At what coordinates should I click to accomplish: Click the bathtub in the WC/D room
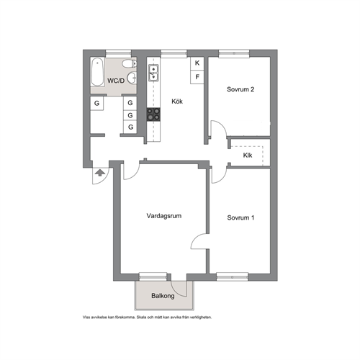tap(97, 72)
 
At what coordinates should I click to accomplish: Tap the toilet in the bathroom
tap(130, 64)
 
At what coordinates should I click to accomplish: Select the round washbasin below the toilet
tap(132, 78)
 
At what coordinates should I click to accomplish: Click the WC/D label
tap(116, 81)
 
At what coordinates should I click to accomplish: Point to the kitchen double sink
tap(153, 73)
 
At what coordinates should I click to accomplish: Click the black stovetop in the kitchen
tap(153, 114)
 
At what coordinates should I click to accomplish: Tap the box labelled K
tap(197, 63)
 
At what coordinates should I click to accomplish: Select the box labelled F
tap(197, 77)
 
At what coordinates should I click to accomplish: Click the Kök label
tap(177, 102)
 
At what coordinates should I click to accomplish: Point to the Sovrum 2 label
tap(240, 89)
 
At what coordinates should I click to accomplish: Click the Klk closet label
tap(248, 156)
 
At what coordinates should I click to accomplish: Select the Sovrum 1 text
tap(240, 217)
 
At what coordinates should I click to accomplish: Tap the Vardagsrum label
tap(164, 216)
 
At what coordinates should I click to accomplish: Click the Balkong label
tap(163, 296)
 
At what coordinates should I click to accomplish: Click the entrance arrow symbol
tap(100, 173)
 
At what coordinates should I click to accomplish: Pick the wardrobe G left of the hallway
tap(96, 103)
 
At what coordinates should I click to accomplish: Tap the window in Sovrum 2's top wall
tap(234, 53)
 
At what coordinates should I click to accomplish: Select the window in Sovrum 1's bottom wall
tap(233, 277)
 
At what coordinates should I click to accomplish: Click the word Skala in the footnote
tap(141, 318)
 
